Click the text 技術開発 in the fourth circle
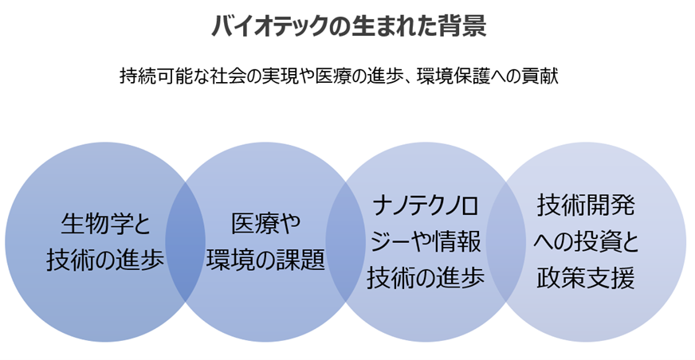tap(586, 205)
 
